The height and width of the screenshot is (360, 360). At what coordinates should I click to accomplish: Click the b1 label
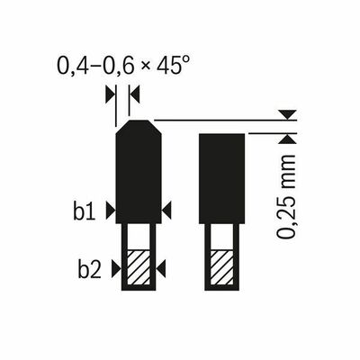85,211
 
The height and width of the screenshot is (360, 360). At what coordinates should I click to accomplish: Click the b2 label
89,269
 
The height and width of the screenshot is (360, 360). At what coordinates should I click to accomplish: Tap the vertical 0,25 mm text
286,197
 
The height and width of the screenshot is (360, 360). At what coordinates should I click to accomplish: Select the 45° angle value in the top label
171,66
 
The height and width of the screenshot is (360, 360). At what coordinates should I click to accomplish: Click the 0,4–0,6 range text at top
94,67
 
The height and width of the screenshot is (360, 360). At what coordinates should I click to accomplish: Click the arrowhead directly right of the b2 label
116,268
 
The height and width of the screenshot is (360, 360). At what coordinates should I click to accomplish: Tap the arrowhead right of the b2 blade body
161,268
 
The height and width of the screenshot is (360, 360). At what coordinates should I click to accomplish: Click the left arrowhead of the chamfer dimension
111,94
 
